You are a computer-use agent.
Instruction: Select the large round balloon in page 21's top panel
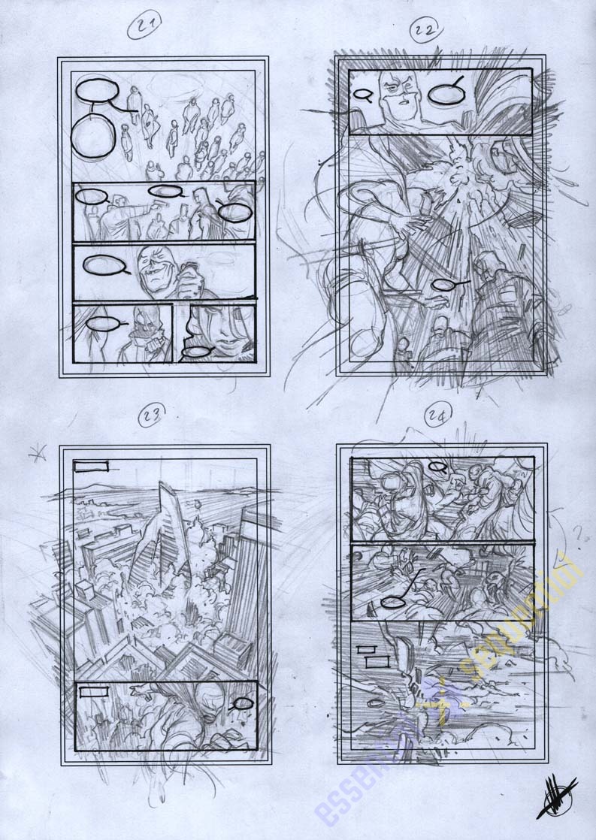(x=93, y=138)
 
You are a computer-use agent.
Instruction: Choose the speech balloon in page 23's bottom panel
(x=242, y=703)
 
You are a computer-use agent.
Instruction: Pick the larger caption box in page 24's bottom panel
(x=377, y=661)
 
